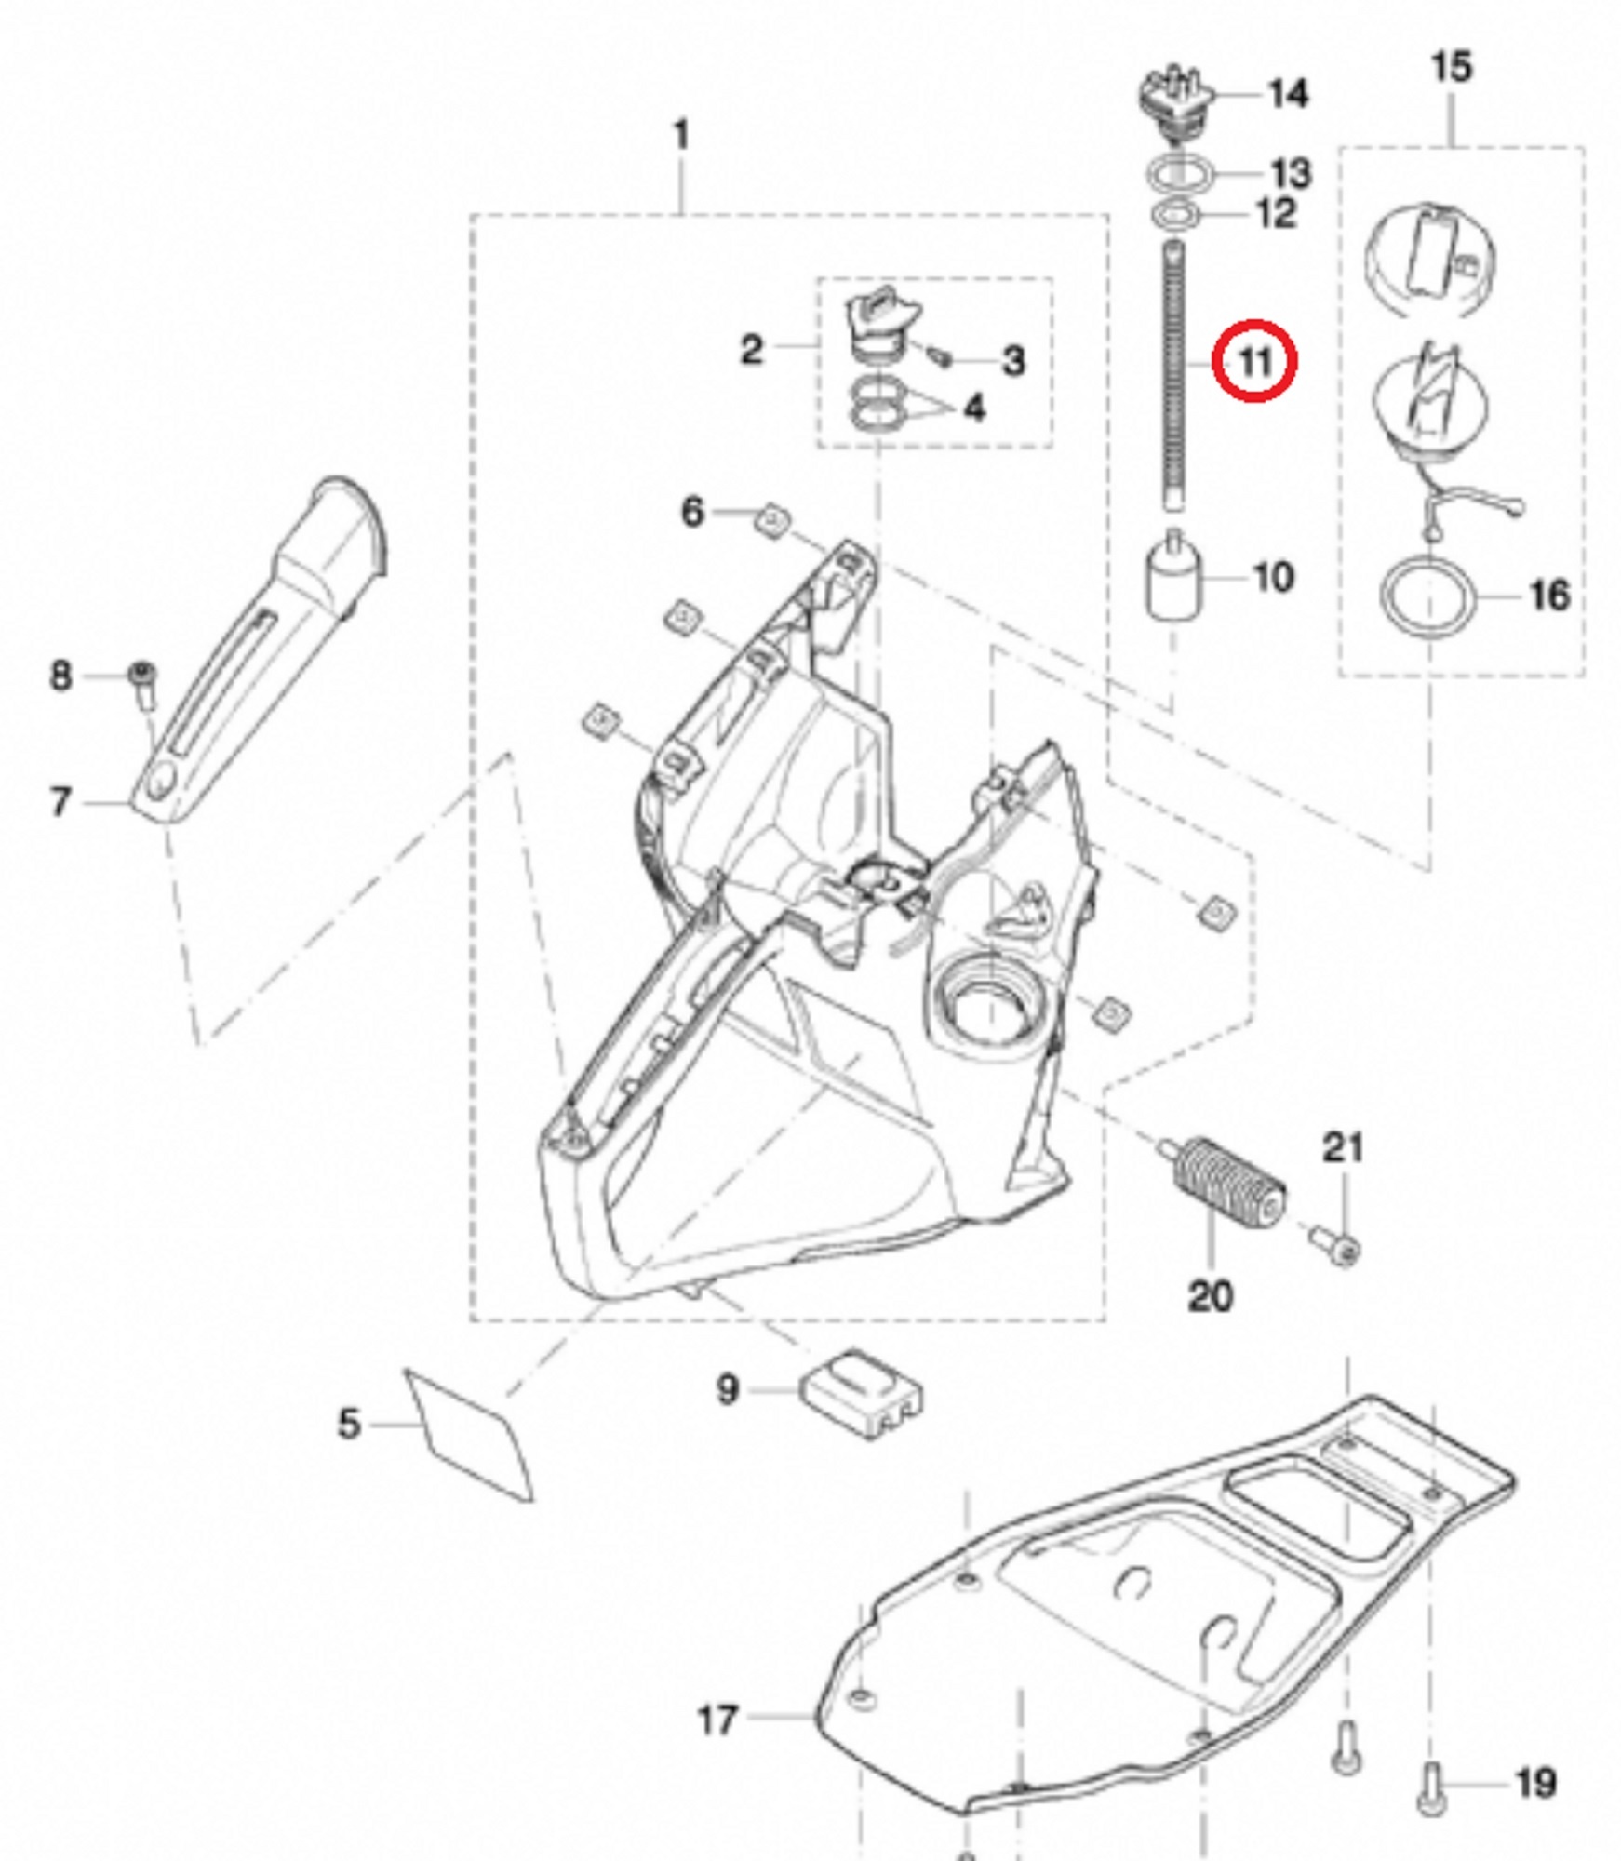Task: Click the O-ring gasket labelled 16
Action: point(1427,596)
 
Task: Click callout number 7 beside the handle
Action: point(60,800)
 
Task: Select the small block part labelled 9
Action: point(863,1392)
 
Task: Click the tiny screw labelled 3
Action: point(939,356)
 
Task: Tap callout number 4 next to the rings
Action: point(973,408)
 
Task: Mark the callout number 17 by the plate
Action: point(717,1720)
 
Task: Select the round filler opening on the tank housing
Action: point(989,1006)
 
